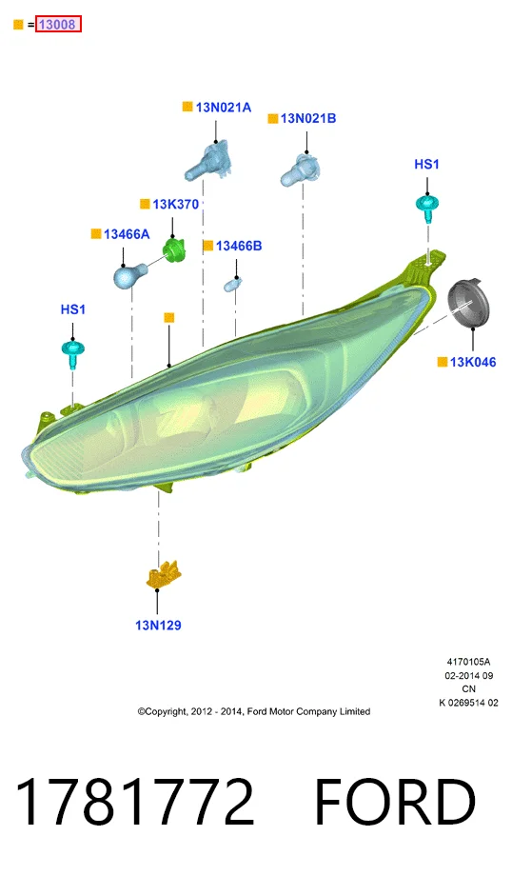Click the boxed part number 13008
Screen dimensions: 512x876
[x=58, y=24]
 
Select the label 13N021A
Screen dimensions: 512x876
[x=224, y=108]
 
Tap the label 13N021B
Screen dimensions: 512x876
[x=308, y=118]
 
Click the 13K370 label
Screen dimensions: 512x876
[x=175, y=205]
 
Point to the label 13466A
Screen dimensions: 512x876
[x=127, y=234]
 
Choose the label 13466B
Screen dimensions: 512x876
[x=239, y=246]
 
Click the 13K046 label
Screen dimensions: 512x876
[x=472, y=362]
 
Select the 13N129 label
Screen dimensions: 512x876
[x=158, y=626]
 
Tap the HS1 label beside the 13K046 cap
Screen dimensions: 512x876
[x=426, y=164]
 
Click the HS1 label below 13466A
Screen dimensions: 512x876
[x=72, y=309]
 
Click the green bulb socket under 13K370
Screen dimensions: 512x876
[x=173, y=250]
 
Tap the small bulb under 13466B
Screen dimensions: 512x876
[x=232, y=286]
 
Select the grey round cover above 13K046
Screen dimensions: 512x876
[x=468, y=305]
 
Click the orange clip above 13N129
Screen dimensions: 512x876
[x=163, y=575]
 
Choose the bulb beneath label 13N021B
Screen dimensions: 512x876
[x=301, y=169]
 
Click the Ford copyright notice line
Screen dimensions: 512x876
[x=254, y=712]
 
